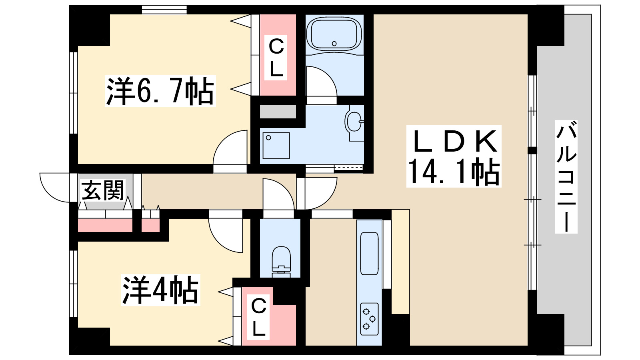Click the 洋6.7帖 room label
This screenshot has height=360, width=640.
pos(160,91)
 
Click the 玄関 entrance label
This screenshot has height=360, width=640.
pos(103,190)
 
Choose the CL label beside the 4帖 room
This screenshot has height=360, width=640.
pos(258,317)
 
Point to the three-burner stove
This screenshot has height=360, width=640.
pos(369,318)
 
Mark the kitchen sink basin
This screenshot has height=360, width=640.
pos(369,253)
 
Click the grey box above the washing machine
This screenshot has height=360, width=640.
pos(278,112)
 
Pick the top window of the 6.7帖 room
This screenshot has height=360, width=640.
pos(164,9)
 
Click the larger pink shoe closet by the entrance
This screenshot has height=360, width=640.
pos(105,225)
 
